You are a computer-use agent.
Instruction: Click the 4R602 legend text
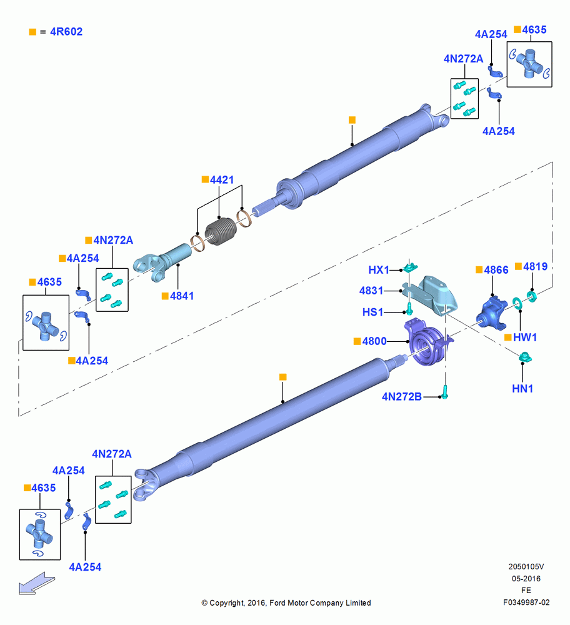(x=66, y=31)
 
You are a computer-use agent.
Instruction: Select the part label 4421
(x=222, y=180)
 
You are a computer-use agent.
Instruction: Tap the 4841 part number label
(x=182, y=296)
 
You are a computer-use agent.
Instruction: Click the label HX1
(x=378, y=270)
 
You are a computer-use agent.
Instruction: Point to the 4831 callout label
(x=371, y=291)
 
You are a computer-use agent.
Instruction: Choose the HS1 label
(x=372, y=312)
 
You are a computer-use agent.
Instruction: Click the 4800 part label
(x=374, y=341)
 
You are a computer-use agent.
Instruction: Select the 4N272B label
(x=402, y=397)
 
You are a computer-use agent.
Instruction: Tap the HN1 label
(x=522, y=388)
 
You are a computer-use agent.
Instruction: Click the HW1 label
(x=525, y=337)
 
